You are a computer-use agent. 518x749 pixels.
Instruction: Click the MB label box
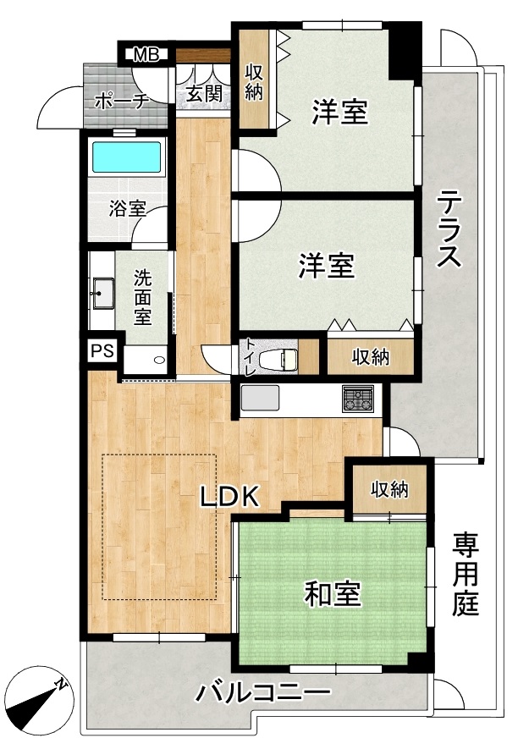point(146,54)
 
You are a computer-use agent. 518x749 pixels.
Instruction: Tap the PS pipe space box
point(102,351)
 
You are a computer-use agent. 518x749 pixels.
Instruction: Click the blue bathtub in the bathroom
point(126,157)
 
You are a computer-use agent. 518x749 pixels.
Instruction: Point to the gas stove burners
point(357,399)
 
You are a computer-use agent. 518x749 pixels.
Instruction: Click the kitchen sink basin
point(260,398)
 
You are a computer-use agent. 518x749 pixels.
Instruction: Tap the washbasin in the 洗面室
point(102,293)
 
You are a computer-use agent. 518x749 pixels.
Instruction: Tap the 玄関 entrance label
point(204,92)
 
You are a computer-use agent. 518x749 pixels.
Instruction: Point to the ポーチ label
point(123,102)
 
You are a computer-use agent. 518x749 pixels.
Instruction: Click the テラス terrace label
point(449,229)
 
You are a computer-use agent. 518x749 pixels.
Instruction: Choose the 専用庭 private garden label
point(466,574)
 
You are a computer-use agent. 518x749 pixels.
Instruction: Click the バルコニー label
point(263,691)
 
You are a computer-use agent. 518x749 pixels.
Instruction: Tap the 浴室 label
point(127,208)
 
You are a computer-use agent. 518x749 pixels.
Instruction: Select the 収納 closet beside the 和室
point(389,489)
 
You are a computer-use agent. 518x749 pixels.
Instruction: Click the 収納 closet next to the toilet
point(371,356)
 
